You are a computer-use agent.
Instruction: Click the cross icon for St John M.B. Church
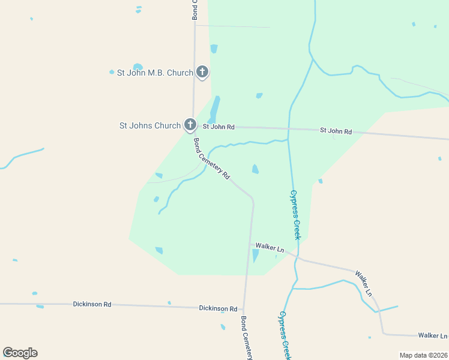[202, 73]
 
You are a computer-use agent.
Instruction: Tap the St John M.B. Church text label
[155, 73]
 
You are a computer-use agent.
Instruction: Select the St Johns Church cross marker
[190, 125]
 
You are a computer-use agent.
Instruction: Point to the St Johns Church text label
[150, 125]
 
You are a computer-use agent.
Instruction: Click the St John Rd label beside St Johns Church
[218, 127]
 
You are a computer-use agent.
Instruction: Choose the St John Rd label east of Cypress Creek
[336, 130]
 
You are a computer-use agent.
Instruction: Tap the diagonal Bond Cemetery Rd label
[211, 160]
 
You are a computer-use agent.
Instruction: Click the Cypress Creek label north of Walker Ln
[295, 215]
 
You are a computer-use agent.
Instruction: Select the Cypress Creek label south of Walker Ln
[285, 334]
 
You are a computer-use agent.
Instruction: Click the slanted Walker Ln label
[364, 283]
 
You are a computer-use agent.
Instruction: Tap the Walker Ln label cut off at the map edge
[433, 335]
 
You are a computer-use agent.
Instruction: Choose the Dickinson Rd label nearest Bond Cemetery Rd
[218, 308]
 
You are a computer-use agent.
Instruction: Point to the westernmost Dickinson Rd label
[92, 305]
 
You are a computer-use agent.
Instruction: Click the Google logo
[20, 353]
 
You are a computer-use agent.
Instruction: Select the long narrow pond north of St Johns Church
[215, 108]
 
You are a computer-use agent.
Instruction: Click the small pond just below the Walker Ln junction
[255, 256]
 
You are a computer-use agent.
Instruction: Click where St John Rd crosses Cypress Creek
[289, 128]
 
